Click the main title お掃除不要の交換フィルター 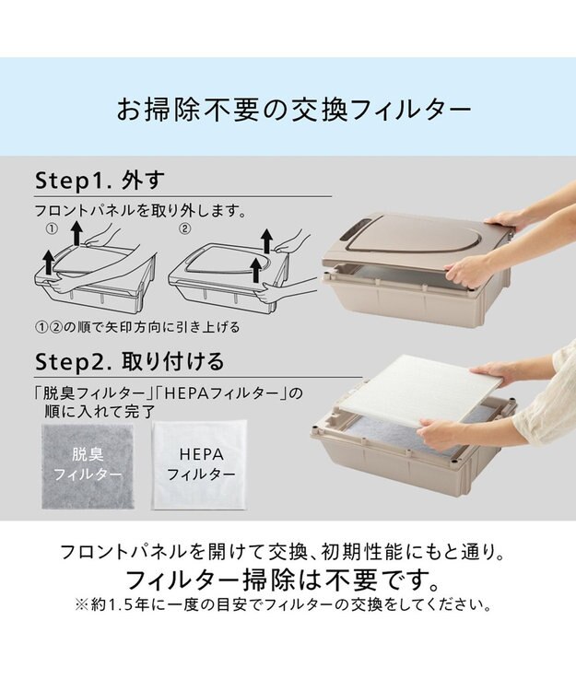pos(293,110)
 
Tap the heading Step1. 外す pos(100,180)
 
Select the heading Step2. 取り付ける pos(130,361)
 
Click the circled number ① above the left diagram pos(52,228)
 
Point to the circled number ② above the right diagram pos(185,228)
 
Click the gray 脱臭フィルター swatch pos(88,466)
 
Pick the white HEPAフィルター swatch pos(200,465)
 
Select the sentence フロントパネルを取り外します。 pos(141,211)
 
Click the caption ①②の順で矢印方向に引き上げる pos(137,327)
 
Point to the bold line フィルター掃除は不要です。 pos(283,580)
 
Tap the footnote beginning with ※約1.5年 pos(283,604)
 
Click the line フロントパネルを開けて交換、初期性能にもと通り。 pos(282,552)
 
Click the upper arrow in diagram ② pos(265,240)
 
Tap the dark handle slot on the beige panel pos(357,229)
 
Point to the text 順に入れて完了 pos(100,411)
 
